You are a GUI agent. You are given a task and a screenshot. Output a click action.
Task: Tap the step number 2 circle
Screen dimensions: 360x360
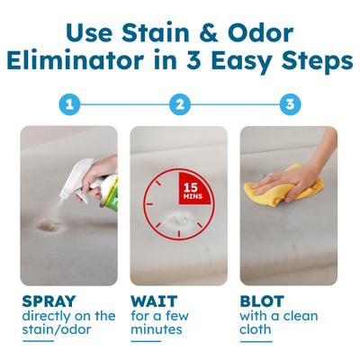[180, 104]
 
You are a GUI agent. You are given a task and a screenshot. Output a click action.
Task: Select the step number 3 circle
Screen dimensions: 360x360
[290, 104]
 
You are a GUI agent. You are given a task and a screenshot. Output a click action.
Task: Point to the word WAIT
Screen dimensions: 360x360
[155, 301]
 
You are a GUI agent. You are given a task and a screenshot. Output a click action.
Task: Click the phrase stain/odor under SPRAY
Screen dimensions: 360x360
[58, 330]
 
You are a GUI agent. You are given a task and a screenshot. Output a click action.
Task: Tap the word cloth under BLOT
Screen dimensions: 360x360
[256, 330]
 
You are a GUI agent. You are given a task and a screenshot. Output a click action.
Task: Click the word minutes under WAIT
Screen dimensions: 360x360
[158, 330]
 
